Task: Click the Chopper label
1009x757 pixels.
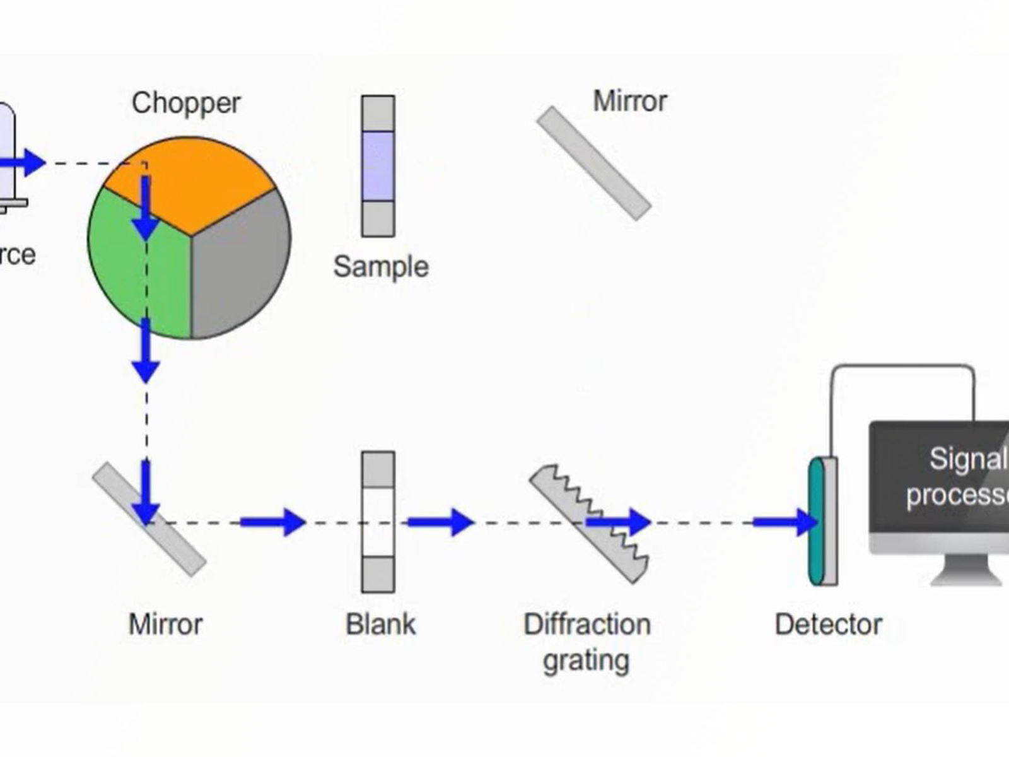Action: pos(186,103)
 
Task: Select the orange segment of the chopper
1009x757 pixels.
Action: pos(195,180)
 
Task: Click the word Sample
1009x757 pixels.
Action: pos(381,267)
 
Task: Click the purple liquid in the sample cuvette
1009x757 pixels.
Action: pos(378,166)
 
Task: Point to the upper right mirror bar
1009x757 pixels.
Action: pos(594,163)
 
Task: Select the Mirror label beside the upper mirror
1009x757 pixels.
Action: pos(630,101)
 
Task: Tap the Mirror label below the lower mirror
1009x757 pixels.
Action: pos(166,625)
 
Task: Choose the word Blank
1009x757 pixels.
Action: pos(381,625)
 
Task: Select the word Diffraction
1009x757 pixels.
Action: pos(587,625)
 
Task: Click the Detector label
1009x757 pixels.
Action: pos(828,625)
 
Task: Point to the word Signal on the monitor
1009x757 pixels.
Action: pos(968,459)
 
